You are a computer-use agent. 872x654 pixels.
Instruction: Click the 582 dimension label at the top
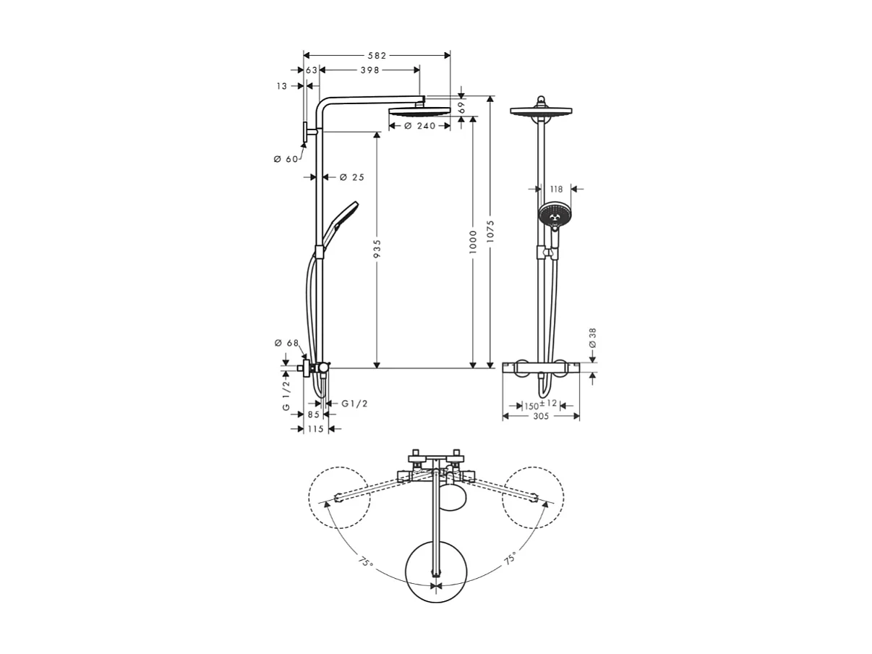point(377,55)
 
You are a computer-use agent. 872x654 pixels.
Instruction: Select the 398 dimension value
point(369,70)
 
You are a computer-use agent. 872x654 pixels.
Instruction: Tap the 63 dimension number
point(312,70)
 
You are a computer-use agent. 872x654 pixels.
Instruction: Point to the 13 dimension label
point(281,86)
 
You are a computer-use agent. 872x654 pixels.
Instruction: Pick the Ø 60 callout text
point(286,159)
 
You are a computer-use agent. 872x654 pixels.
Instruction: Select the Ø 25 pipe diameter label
point(352,177)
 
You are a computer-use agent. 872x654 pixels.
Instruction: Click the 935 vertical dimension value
point(377,248)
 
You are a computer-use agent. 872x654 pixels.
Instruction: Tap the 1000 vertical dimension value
point(473,241)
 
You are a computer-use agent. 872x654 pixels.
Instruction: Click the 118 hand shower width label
point(556,189)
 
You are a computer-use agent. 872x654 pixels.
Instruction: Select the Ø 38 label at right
point(592,338)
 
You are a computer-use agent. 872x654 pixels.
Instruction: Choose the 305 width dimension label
point(541,416)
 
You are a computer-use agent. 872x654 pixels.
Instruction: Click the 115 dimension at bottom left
point(316,429)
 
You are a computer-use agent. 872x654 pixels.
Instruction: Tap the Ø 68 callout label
point(286,343)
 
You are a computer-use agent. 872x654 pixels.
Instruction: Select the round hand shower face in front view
point(554,215)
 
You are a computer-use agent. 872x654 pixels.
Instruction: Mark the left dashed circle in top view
point(339,497)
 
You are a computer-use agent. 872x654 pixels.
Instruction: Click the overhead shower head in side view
point(419,111)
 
